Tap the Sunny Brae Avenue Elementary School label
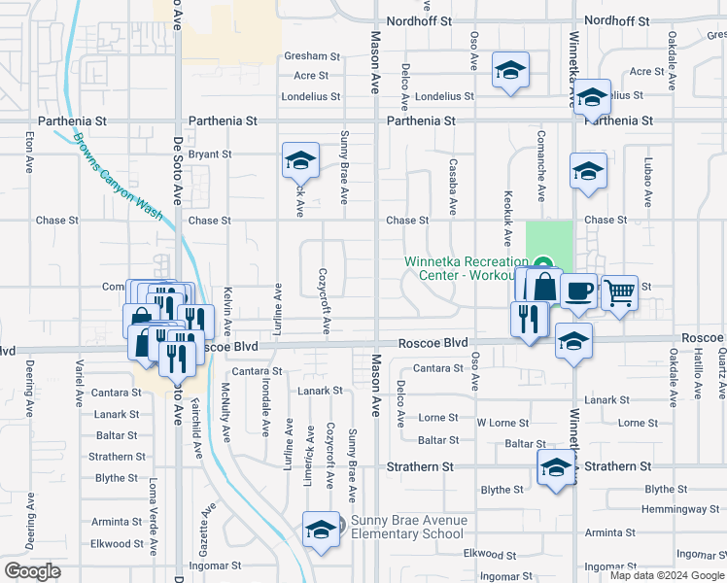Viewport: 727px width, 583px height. point(408,527)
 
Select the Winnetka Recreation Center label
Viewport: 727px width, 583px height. point(466,267)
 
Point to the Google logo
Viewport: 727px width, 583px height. point(32,571)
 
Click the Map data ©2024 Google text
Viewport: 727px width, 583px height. point(667,575)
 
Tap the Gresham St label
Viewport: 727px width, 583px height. point(312,56)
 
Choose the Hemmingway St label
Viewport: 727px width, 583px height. point(679,509)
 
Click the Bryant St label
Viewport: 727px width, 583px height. point(210,154)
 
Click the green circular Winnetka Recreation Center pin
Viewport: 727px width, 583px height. point(543,263)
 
